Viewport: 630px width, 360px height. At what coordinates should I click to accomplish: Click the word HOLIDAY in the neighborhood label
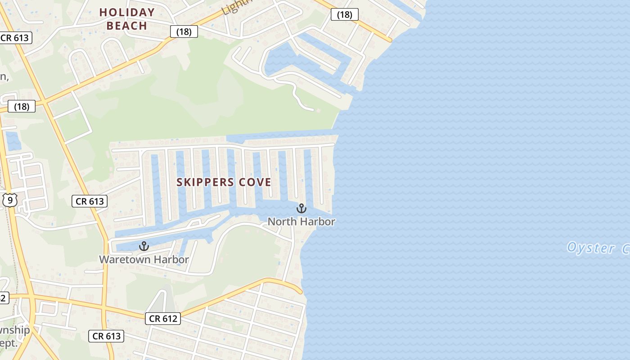pos(127,13)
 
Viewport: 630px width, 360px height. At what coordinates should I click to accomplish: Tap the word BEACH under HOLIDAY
pos(127,26)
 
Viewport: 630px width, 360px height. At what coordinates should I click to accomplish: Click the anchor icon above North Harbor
pos(301,208)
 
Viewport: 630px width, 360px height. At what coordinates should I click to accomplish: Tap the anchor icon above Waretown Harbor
pos(144,246)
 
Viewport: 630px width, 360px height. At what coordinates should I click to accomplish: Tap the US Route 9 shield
pos(10,200)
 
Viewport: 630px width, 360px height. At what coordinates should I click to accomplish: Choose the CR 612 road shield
pos(163,319)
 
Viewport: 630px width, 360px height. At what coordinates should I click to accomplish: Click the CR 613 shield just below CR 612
pos(106,336)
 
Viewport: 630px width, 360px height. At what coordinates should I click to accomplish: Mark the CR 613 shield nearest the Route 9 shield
pos(90,201)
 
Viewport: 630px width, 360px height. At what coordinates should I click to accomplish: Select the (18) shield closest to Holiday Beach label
pos(184,31)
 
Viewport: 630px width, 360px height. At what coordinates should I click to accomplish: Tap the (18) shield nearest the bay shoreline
pos(344,15)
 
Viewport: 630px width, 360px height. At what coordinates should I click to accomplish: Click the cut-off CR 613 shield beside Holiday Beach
pos(16,38)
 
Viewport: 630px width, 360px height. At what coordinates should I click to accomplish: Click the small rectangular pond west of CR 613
pos(13,141)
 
